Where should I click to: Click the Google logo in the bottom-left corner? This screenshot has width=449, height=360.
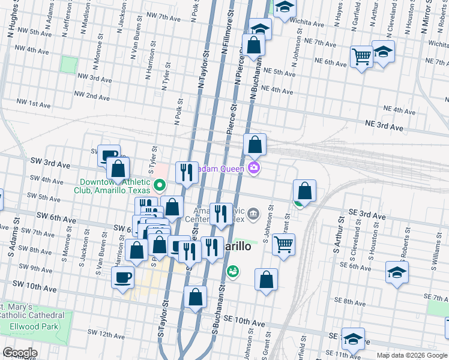(20, 353)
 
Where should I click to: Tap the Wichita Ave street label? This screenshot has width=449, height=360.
(308, 23)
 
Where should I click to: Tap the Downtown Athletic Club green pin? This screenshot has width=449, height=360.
(160, 185)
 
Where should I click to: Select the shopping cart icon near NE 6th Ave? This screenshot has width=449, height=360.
(362, 57)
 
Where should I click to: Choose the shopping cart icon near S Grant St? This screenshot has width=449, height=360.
(283, 244)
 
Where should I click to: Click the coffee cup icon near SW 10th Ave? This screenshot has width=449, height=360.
(123, 277)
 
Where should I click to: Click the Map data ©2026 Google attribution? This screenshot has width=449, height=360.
(412, 355)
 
